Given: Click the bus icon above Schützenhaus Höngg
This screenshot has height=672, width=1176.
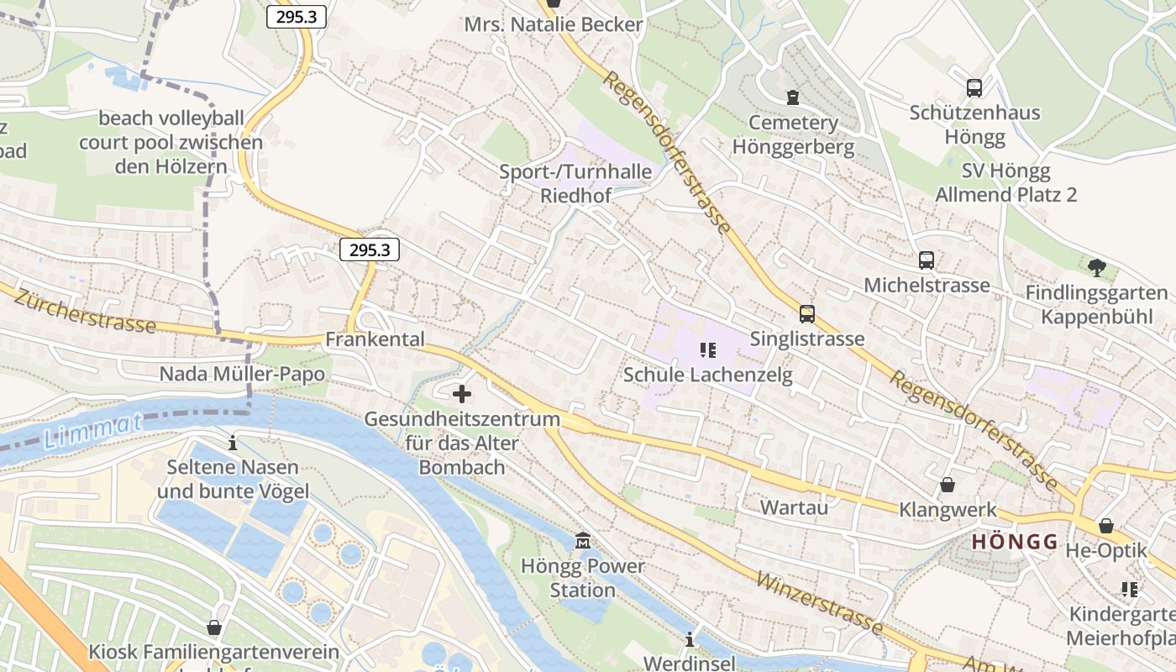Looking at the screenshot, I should (974, 87).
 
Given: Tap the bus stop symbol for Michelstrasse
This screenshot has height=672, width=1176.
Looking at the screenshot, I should (927, 260).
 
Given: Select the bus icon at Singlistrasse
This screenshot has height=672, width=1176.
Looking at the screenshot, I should (807, 314).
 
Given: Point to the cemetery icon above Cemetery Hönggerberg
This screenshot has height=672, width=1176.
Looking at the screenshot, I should (793, 97).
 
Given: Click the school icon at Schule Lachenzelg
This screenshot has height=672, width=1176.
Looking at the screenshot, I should (708, 349).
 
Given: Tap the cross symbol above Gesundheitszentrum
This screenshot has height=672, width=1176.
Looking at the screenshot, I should (462, 393).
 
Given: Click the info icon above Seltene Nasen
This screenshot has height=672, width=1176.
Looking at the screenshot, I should (233, 442).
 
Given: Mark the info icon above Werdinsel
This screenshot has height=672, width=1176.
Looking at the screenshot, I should (690, 639).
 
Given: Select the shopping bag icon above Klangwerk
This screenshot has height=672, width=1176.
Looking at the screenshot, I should (948, 485).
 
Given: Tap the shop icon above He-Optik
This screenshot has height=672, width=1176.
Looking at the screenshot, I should (1106, 526).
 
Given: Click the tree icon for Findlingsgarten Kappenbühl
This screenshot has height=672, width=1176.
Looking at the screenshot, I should (1096, 268).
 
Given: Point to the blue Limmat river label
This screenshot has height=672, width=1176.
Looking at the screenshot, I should (92, 431).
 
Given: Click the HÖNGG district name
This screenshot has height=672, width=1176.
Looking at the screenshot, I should (1015, 542).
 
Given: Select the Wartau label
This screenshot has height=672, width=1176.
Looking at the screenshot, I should (794, 507).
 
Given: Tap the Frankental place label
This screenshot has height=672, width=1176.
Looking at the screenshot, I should (375, 339).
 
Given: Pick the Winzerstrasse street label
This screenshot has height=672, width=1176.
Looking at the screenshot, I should (819, 602).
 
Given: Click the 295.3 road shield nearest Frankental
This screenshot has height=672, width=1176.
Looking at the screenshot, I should (370, 249).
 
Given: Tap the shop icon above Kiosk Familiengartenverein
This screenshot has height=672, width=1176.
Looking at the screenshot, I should (214, 627).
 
